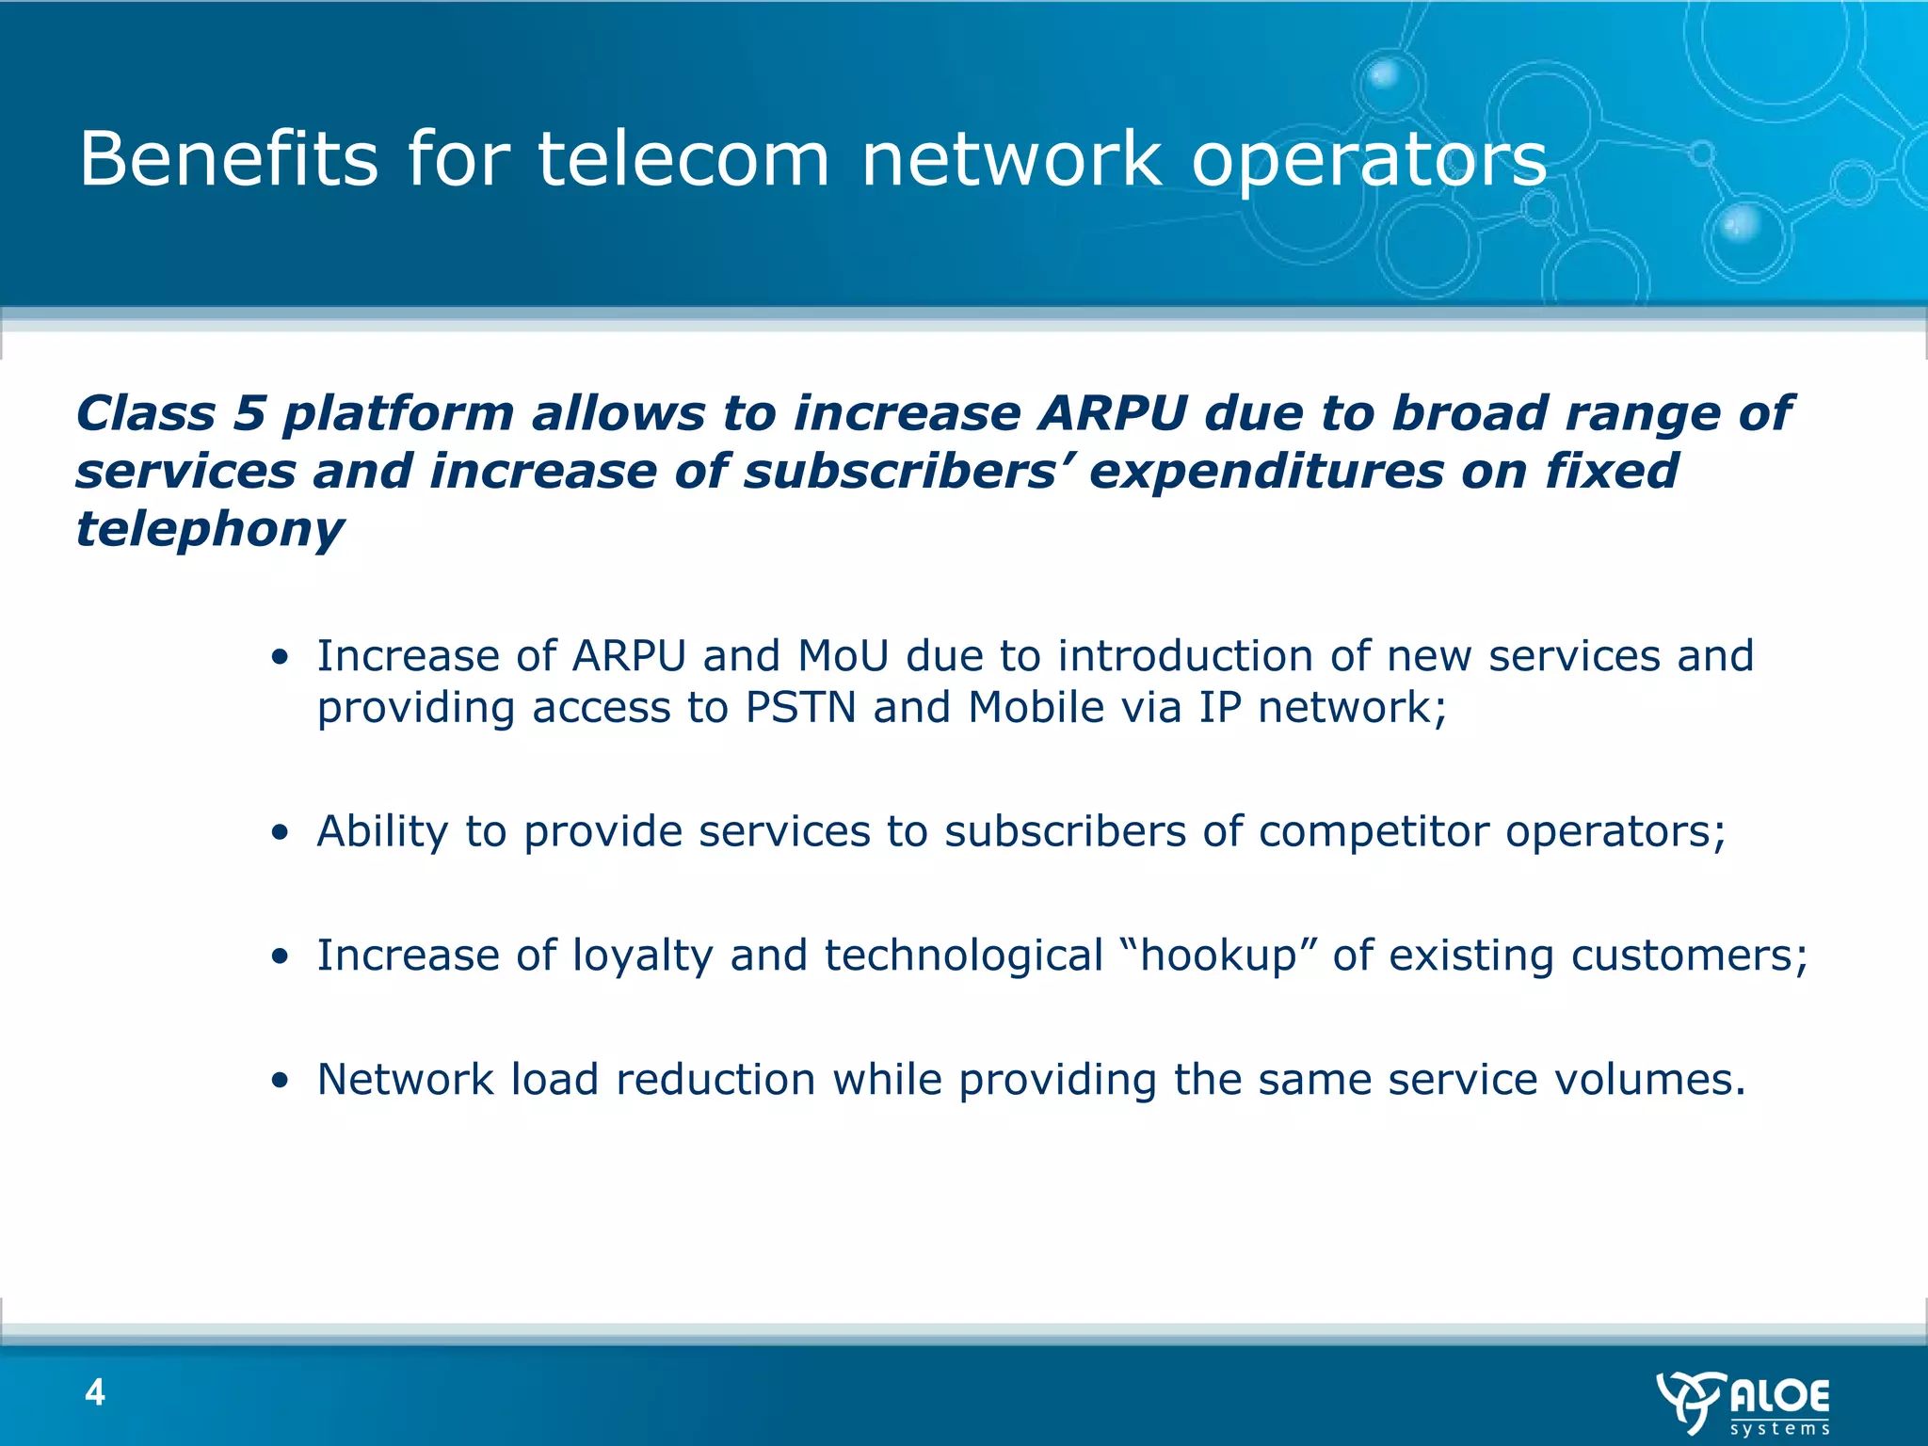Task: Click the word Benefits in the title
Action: (229, 159)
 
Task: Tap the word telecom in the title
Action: (683, 159)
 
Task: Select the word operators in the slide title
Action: (1369, 159)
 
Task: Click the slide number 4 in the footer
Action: (95, 1391)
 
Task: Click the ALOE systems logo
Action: (1743, 1403)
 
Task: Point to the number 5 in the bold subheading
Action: (249, 413)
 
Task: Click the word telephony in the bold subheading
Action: (209, 529)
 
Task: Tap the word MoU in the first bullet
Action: (843, 656)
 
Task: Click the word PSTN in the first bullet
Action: (800, 708)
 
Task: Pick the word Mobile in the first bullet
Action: (1036, 708)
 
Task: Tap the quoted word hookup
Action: (1219, 956)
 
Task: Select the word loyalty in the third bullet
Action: (642, 956)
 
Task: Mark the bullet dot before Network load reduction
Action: (279, 1082)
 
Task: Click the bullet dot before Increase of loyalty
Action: (279, 957)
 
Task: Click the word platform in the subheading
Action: (398, 413)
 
